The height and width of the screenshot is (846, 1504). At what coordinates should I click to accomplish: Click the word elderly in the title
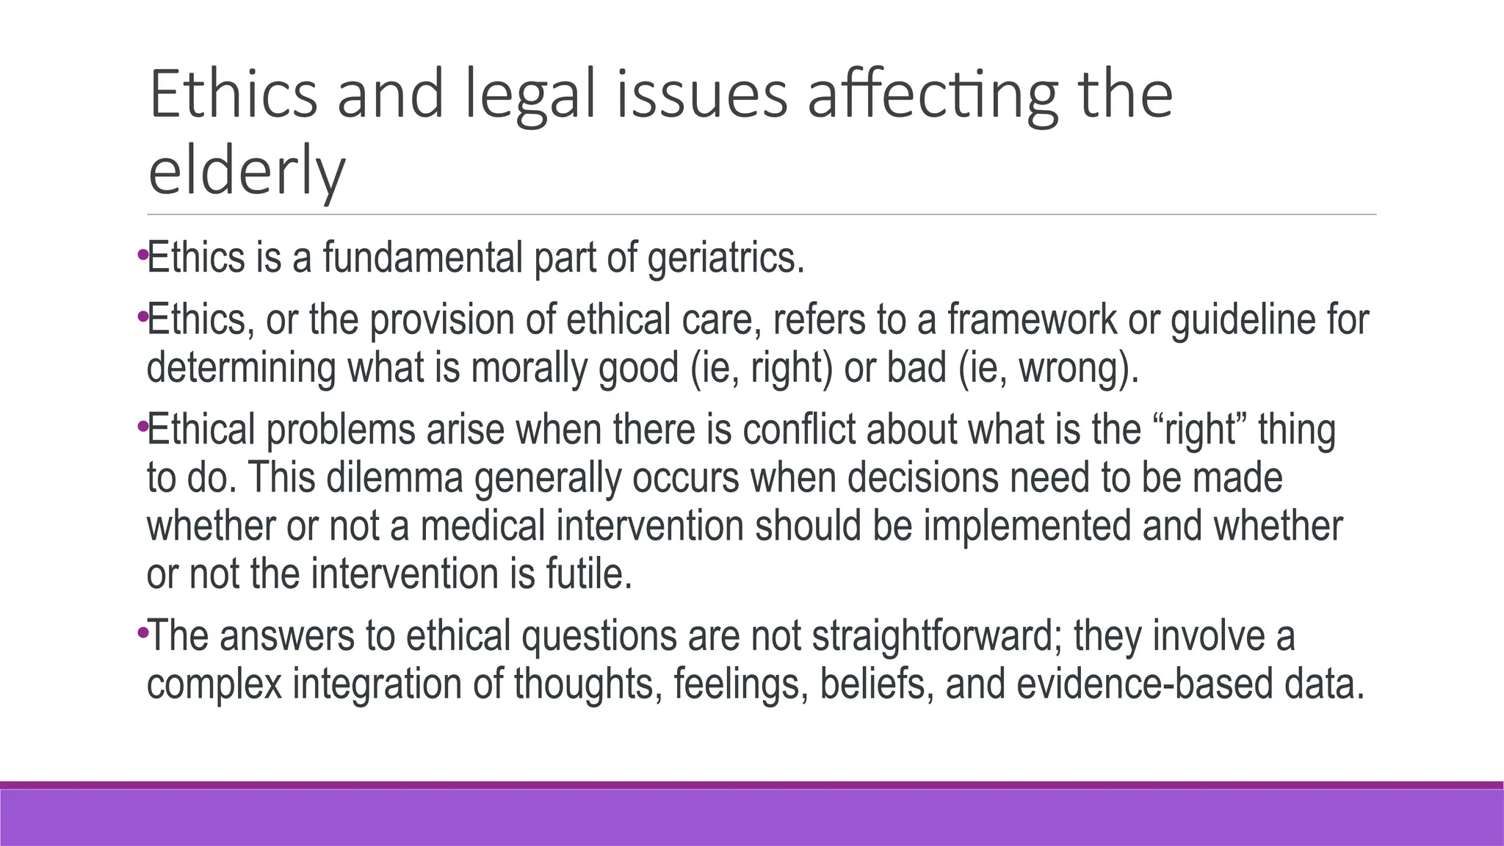(246, 173)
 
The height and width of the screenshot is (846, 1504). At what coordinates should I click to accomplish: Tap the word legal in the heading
(530, 95)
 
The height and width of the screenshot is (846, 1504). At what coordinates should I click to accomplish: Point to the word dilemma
(394, 477)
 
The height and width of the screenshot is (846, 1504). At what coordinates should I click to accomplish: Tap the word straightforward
(933, 636)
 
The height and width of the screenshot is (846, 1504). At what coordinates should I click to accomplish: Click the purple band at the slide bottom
(752, 817)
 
